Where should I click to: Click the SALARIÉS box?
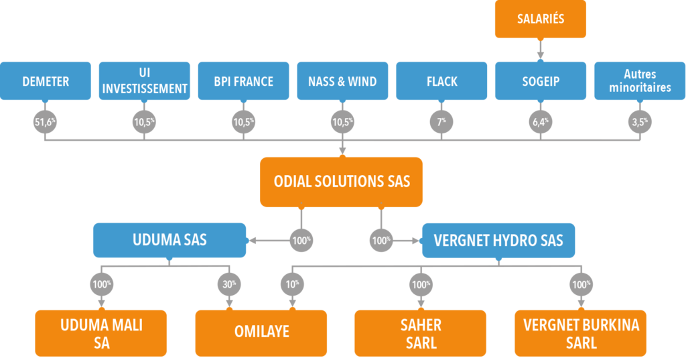(540, 19)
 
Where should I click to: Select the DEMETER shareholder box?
(46, 81)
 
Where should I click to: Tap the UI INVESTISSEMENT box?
(144, 81)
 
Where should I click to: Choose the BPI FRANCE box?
(243, 81)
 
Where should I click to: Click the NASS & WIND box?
(342, 81)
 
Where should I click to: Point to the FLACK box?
(441, 81)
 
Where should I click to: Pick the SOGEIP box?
(540, 81)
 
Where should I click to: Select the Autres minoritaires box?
(640, 81)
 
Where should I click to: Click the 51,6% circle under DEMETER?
(45, 121)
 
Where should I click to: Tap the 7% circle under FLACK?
(441, 121)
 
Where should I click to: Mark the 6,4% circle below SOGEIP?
(540, 121)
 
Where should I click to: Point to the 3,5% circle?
(640, 121)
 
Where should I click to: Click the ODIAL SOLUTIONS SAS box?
(342, 182)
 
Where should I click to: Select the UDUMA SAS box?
(169, 240)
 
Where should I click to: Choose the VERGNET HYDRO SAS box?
(498, 240)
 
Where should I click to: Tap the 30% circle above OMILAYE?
(229, 284)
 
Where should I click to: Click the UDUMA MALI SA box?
(101, 333)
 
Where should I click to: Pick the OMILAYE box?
(261, 333)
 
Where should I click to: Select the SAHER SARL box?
(421, 333)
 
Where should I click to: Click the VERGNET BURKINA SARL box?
(580, 333)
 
